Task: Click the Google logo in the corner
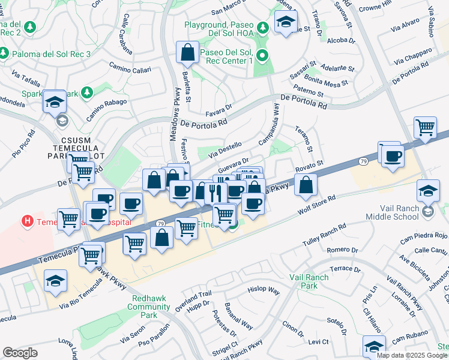pos(20,353)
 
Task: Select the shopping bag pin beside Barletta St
pos(187,53)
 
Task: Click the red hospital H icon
pos(27,221)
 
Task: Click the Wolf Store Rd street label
pos(316,206)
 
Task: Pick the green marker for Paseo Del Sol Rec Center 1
pos(262,57)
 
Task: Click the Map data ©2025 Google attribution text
pos(411,355)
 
